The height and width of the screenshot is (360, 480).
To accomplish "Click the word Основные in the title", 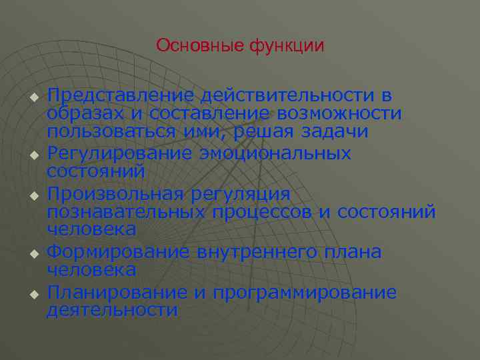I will coord(201,46).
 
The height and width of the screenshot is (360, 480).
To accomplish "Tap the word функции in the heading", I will coord(287,46).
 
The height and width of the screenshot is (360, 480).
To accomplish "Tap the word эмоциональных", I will coord(275,153).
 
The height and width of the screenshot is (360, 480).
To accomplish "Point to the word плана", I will coord(352,252).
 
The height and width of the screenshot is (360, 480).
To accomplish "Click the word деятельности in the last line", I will coord(112,310).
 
